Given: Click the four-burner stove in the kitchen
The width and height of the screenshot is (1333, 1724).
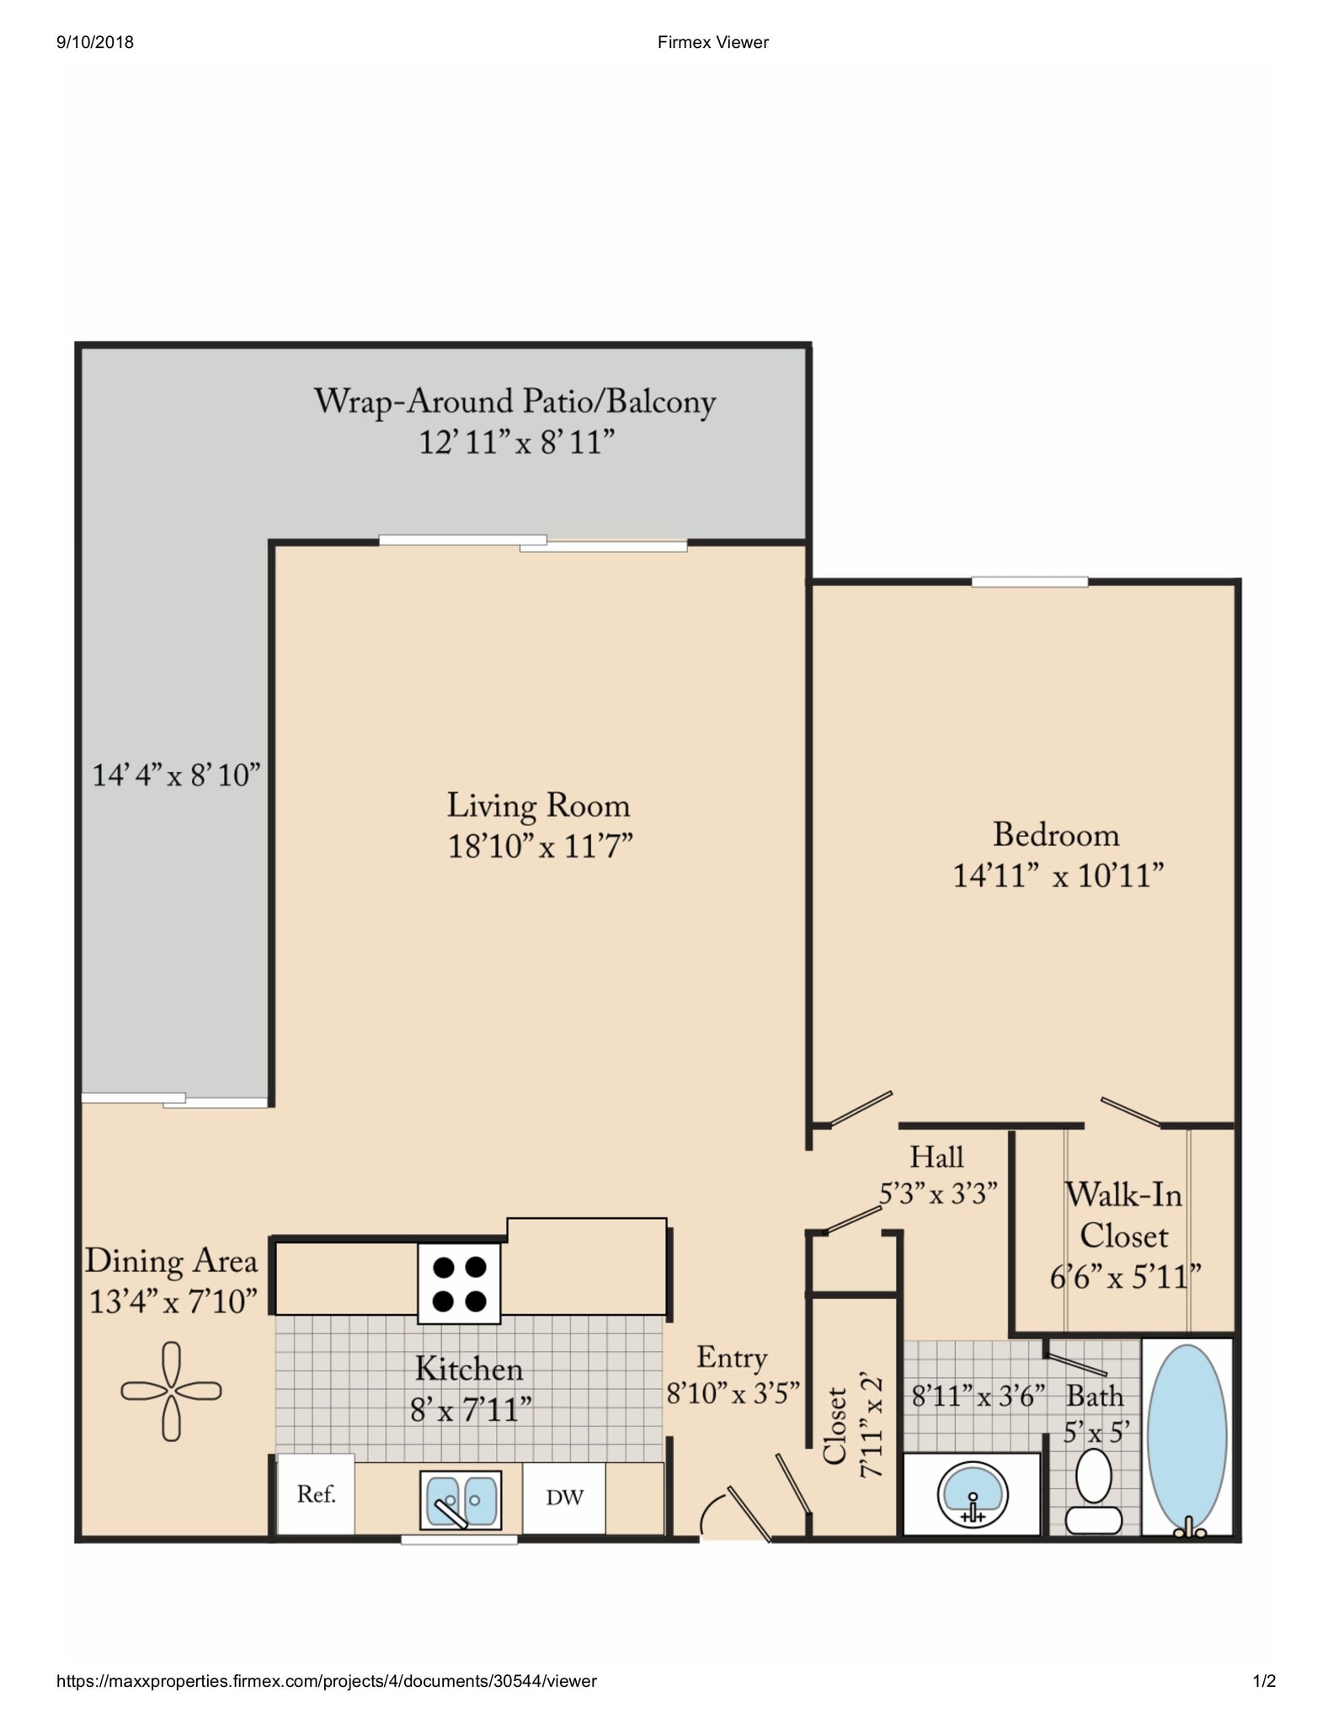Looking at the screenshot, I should click(x=459, y=1283).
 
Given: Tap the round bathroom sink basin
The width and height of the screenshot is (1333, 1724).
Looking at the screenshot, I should click(x=973, y=1494).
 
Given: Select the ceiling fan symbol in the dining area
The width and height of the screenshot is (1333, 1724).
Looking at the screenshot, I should click(x=171, y=1391).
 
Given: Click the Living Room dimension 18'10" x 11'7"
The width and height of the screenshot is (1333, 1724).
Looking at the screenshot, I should click(x=539, y=846).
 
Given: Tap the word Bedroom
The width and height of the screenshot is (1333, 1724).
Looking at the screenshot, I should click(x=1056, y=835).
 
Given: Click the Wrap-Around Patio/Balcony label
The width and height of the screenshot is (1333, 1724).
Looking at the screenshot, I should click(x=515, y=402).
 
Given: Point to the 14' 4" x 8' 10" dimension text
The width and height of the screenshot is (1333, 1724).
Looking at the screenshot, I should click(x=176, y=774).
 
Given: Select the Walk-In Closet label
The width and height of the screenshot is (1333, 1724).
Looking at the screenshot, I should click(x=1123, y=1216).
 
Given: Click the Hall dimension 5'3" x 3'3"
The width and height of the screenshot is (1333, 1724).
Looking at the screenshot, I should click(x=937, y=1194).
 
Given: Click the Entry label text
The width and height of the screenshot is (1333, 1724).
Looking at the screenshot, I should click(x=732, y=1358).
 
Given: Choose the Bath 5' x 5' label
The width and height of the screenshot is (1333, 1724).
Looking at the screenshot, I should click(x=1095, y=1413).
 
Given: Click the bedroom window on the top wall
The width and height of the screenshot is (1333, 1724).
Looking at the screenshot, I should click(x=1029, y=582).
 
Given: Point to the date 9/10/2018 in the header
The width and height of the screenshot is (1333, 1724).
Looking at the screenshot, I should click(x=95, y=42).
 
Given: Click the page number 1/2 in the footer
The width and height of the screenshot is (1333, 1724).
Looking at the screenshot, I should click(x=1264, y=1681).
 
